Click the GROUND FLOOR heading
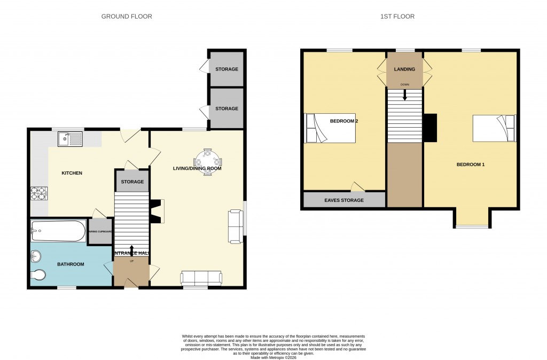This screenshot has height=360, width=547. [x=127, y=17]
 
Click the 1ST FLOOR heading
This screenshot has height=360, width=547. [x=397, y=17]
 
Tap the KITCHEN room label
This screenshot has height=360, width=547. [x=72, y=173]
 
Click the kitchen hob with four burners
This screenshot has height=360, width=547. [x=39, y=192]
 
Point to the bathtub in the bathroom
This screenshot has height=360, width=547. [x=58, y=231]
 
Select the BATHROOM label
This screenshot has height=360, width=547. [x=71, y=264]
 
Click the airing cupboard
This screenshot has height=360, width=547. [x=100, y=231]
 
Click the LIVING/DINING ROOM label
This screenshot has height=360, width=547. [x=197, y=169]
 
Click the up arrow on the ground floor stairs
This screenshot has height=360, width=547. [x=131, y=249]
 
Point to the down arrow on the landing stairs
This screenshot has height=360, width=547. [x=404, y=95]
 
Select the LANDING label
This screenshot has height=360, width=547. [x=404, y=69]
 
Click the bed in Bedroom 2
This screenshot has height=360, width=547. [x=330, y=129]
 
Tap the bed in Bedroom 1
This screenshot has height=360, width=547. [x=494, y=129]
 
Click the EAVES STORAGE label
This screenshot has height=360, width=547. [x=344, y=200]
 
